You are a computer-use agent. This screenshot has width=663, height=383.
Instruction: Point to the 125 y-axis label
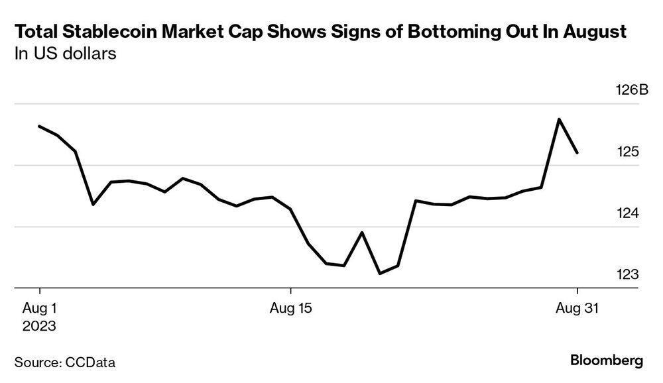pyautogui.click(x=628, y=152)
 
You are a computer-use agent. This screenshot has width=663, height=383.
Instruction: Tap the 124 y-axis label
pyautogui.click(x=628, y=213)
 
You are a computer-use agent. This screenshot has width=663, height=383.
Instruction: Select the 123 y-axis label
pyautogui.click(x=628, y=274)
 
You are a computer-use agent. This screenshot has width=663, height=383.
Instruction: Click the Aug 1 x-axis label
pyautogui.click(x=40, y=309)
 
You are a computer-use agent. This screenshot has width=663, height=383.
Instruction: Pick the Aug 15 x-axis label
pyautogui.click(x=290, y=309)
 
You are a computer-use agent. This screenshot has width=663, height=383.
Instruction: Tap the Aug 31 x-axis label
pyautogui.click(x=576, y=309)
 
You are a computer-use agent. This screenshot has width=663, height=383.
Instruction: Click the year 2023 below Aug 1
pyautogui.click(x=40, y=326)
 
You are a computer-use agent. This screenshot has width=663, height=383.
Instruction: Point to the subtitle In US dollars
pyautogui.click(x=66, y=54)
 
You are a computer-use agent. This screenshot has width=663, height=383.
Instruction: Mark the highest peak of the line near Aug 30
pyautogui.click(x=559, y=119)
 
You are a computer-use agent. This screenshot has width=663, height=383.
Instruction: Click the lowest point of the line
pyautogui.click(x=380, y=273)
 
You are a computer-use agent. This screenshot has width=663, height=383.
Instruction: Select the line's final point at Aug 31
pyautogui.click(x=577, y=153)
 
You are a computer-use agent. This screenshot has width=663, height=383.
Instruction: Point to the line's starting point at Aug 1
pyautogui.click(x=40, y=126)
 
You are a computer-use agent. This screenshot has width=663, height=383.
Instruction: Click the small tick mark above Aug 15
pyautogui.click(x=290, y=292)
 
